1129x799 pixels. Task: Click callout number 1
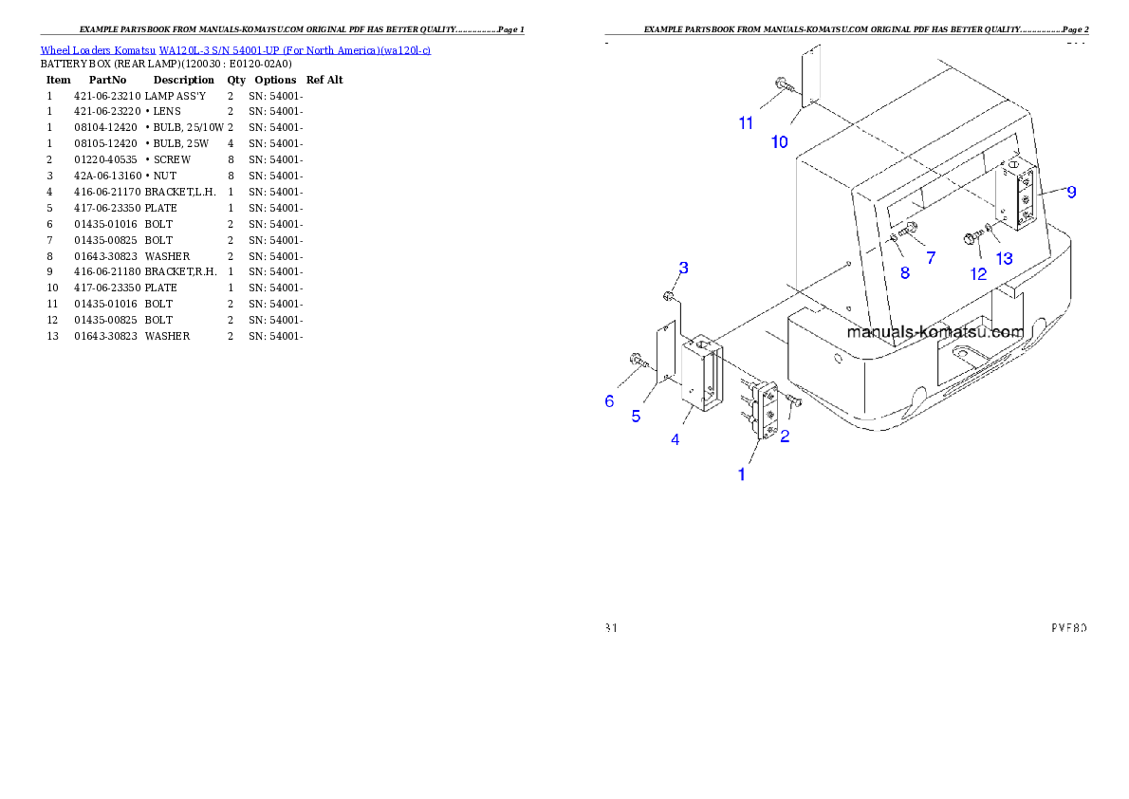click(x=742, y=474)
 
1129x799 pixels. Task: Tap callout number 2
click(x=785, y=437)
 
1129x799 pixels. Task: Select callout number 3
click(x=683, y=268)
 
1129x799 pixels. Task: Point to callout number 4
click(x=676, y=439)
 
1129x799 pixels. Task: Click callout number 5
click(x=636, y=416)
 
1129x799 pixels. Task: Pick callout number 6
click(x=609, y=401)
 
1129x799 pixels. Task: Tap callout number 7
click(x=930, y=257)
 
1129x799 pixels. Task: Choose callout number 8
click(x=904, y=273)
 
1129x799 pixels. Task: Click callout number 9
click(x=1071, y=193)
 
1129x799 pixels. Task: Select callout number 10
click(x=779, y=142)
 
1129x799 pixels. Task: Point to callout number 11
click(x=747, y=122)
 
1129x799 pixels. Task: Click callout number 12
click(x=978, y=274)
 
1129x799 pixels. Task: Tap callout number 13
click(x=1004, y=258)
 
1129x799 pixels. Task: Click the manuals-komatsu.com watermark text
click(x=935, y=332)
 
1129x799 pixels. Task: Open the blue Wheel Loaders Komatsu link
click(x=235, y=49)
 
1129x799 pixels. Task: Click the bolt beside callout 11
click(x=785, y=86)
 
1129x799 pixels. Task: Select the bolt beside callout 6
click(x=638, y=360)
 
